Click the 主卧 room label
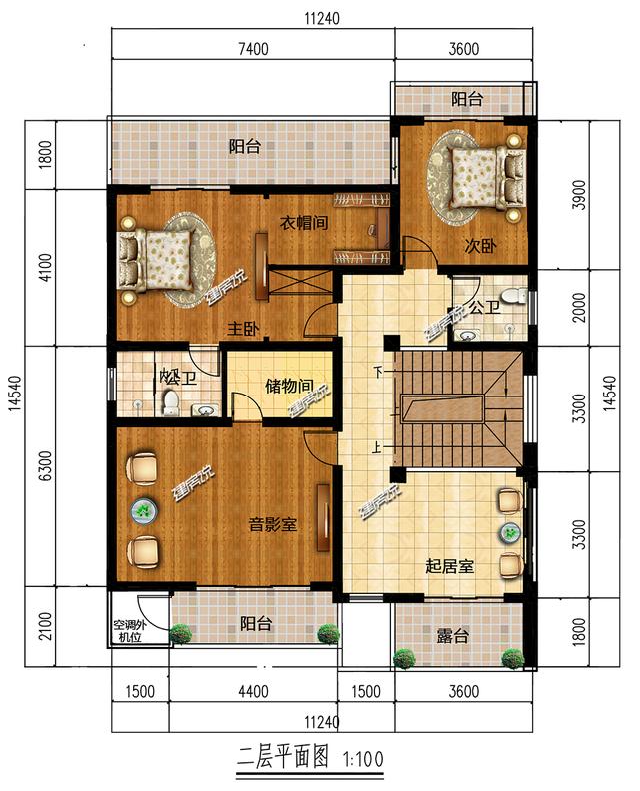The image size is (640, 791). [243, 329]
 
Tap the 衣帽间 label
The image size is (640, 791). [304, 222]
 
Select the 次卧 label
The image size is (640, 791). [480, 246]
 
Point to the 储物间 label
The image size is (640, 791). [289, 387]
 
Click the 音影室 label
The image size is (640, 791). [273, 524]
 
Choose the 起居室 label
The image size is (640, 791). [450, 566]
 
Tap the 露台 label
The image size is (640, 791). [453, 636]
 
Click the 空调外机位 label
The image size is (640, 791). [129, 631]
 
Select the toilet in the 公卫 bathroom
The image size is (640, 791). [515, 295]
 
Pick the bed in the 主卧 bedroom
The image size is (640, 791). [154, 260]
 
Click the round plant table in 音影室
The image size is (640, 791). [144, 511]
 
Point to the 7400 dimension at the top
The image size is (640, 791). [253, 49]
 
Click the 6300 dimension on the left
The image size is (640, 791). [45, 465]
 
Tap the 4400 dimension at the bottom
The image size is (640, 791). [253, 691]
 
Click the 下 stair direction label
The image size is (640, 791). [378, 373]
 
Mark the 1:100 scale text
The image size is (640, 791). [363, 759]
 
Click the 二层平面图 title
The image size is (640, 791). [283, 757]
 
